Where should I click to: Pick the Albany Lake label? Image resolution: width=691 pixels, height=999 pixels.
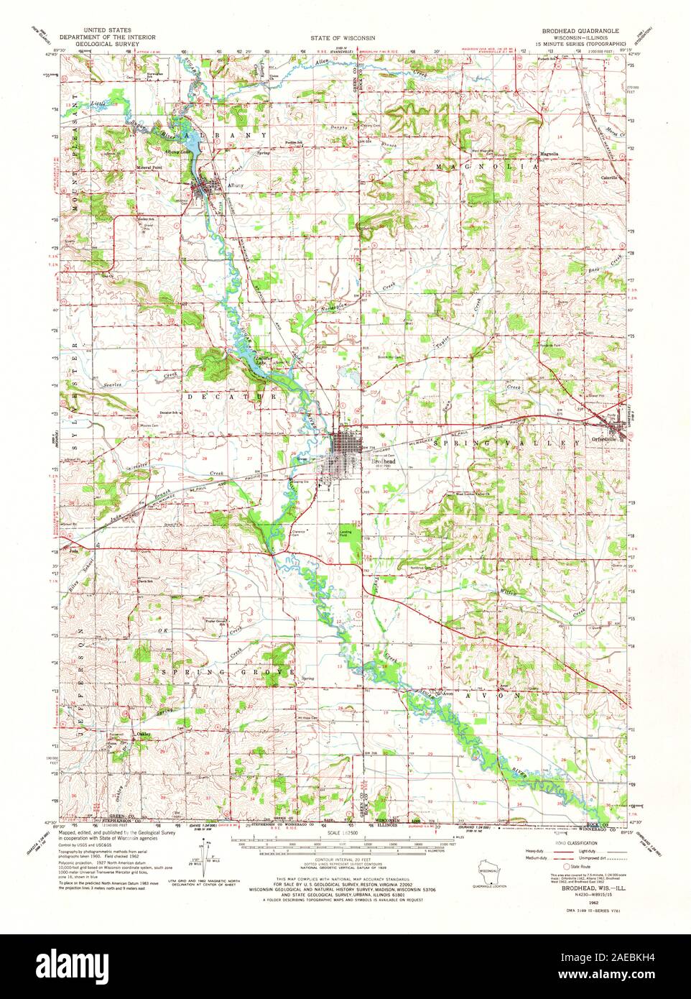[175, 152]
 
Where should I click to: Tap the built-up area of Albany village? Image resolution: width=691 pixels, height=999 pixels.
[205, 191]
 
